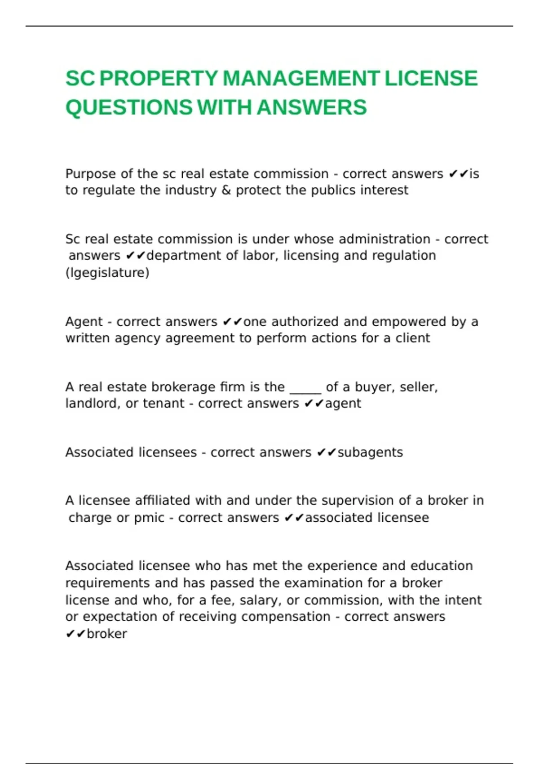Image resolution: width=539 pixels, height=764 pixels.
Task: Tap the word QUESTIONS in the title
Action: coord(129,108)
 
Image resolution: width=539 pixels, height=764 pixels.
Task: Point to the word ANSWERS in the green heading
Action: coord(312,108)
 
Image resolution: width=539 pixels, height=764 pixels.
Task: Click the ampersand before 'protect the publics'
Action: coord(225,191)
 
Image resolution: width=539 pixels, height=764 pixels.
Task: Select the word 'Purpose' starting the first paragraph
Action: coord(91,174)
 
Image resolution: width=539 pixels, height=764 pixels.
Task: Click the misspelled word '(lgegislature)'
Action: coord(107,273)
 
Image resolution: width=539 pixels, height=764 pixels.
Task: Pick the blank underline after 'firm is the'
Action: coord(305,387)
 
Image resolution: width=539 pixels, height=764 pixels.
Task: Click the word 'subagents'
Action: coord(370,453)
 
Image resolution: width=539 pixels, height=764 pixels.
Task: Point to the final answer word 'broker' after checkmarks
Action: coord(107,634)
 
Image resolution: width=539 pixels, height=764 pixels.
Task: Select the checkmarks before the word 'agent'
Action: coord(314,404)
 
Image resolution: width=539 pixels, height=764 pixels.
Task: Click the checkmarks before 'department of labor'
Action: coord(136,256)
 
